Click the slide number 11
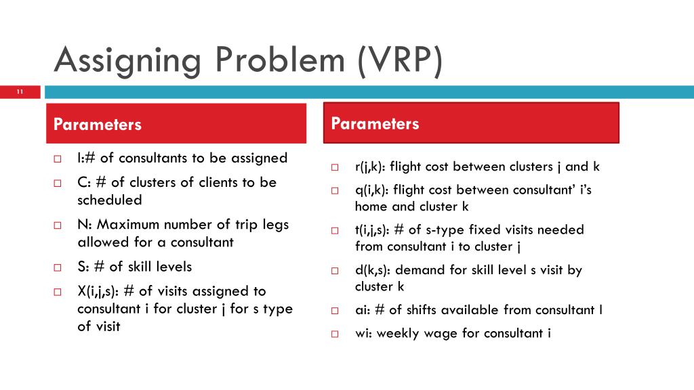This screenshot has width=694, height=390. coord(20,92)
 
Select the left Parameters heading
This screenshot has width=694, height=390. coord(98,125)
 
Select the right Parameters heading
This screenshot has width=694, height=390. coord(375,124)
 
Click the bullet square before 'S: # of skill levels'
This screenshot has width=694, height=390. coord(58,267)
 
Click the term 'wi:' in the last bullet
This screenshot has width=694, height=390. coord(363,333)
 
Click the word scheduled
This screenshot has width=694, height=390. coord(109,200)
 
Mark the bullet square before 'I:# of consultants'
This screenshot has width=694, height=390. coord(58,159)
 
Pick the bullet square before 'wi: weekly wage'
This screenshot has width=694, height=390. coord(334,334)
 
